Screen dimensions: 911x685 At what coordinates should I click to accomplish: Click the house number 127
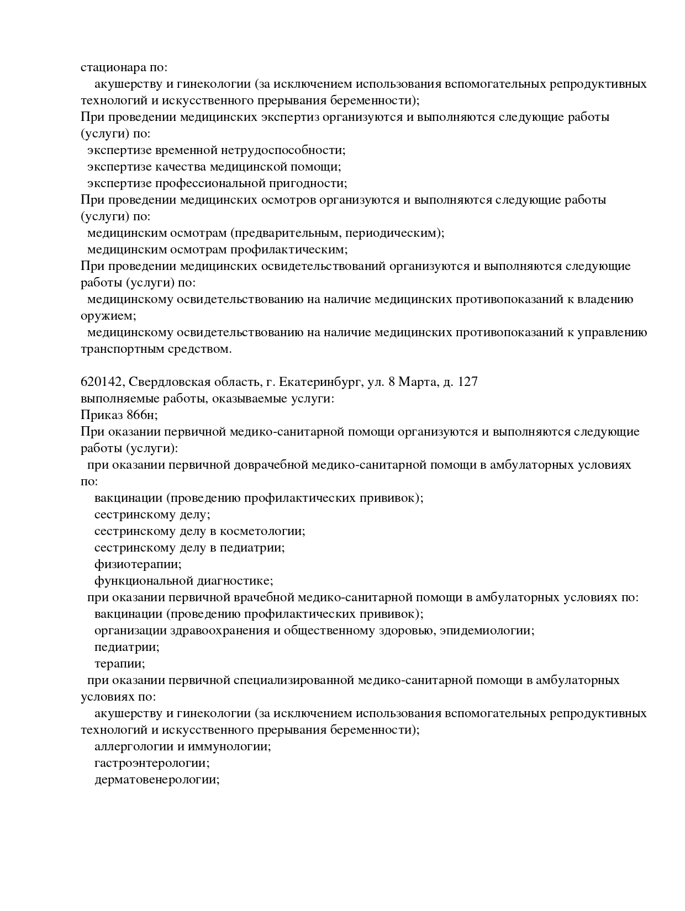point(467,382)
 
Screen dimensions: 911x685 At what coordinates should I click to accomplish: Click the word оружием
point(107,316)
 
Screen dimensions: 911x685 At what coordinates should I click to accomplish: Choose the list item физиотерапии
point(138,564)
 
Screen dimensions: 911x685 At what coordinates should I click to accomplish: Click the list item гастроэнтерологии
point(151,763)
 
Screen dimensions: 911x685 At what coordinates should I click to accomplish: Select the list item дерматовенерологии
point(156,780)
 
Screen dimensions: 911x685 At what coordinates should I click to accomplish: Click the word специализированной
point(293,680)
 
